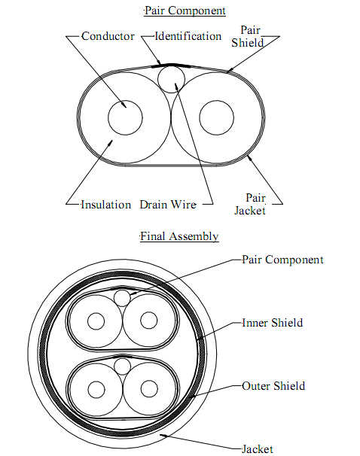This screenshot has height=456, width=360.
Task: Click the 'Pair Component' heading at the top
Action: point(185,11)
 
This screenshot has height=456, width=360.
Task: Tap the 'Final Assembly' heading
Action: point(179,236)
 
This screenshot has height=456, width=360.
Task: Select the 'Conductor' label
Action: point(108,36)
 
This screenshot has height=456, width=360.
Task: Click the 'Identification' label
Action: point(188,36)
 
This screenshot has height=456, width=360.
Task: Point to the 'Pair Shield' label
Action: point(248,36)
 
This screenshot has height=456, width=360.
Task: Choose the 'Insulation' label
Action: point(106,205)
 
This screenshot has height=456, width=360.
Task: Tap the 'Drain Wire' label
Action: point(168,205)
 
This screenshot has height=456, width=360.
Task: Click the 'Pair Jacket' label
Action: point(250,204)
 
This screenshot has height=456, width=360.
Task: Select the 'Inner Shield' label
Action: point(273,323)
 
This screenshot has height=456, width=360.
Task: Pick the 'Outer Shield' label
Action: point(273,386)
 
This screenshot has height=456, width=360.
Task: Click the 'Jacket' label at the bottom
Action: point(258,449)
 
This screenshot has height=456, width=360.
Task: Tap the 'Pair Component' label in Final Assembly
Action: point(282,260)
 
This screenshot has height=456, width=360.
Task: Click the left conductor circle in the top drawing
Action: point(125,101)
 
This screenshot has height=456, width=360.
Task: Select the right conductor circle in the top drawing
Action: point(217,101)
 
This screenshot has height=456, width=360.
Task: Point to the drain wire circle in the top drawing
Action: point(171,65)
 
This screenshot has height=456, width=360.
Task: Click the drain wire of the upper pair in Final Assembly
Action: point(122,290)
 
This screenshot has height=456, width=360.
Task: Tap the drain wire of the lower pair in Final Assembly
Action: point(122,359)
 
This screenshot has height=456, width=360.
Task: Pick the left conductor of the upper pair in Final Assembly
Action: point(96,312)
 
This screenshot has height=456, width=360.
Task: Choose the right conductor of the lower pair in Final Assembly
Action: point(149,381)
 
